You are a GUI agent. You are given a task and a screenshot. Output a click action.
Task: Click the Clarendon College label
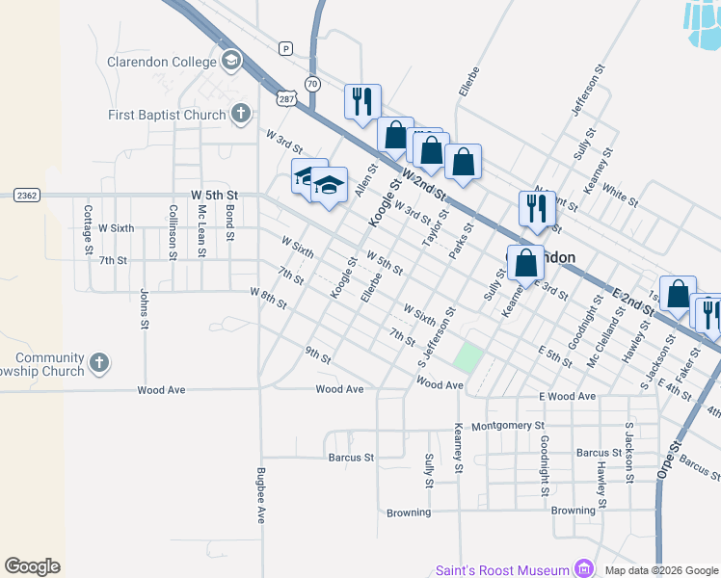[x=162, y=63]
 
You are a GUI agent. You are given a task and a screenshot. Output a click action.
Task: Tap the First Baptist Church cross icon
[x=242, y=115]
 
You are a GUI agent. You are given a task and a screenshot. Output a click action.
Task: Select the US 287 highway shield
[x=287, y=98]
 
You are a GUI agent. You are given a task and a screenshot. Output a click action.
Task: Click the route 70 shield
[x=311, y=84]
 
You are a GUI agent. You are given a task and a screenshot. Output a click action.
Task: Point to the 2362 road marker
[x=26, y=195]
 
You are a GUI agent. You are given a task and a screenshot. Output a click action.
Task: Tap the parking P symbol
[x=284, y=47]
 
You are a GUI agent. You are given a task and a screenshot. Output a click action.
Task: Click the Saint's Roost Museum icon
[x=582, y=568]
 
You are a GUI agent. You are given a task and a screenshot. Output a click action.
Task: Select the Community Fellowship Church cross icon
[x=97, y=363]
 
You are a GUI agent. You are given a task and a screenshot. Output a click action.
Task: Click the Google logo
[x=32, y=566]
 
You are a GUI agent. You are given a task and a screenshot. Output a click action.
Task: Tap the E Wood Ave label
[x=568, y=396]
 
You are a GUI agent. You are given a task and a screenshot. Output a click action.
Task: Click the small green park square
[x=467, y=357]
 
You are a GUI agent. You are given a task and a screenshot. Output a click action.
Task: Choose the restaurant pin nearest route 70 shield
[x=362, y=101]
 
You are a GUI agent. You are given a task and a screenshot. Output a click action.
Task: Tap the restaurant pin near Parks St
[x=537, y=208]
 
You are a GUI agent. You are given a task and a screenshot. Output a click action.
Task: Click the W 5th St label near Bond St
[x=214, y=195]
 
